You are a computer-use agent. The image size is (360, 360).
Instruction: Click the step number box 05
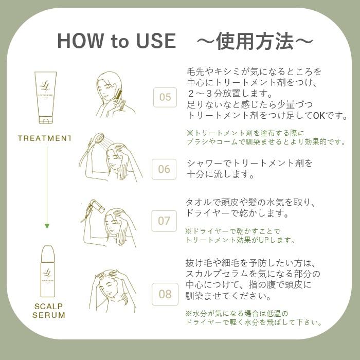165,97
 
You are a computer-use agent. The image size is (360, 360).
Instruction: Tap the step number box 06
164,169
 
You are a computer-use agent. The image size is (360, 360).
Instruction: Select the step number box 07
164,221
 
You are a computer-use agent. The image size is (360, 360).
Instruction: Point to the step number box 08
165,294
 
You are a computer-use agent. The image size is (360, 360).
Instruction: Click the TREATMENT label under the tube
44,138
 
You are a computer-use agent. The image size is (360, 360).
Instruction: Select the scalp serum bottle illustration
47,269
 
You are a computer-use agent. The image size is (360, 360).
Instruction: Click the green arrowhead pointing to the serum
47,226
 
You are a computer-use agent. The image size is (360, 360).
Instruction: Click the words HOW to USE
116,41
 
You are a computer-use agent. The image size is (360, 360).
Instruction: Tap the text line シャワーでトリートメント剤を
249,163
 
